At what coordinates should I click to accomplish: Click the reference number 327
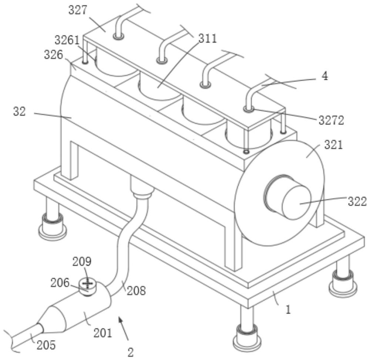(78, 11)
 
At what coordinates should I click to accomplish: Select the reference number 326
(54, 55)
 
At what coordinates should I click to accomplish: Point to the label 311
(208, 38)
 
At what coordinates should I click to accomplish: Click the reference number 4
(325, 76)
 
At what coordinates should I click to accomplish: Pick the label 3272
(331, 121)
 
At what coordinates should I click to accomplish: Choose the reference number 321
(333, 145)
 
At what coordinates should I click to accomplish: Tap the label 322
(357, 202)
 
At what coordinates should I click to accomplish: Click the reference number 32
(19, 111)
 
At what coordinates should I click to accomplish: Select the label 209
(82, 261)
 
